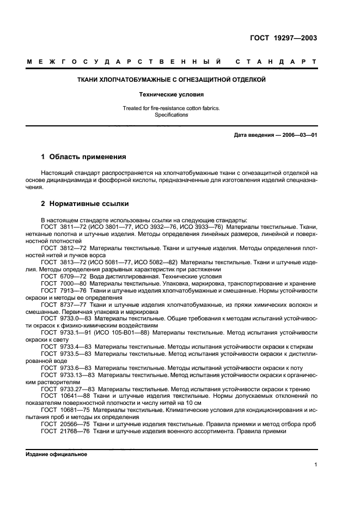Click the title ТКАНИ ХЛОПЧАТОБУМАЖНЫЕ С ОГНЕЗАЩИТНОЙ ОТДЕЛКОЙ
click(x=180, y=80)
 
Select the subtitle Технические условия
click(x=180, y=94)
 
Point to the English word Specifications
click(x=180, y=115)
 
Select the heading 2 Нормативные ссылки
click(x=85, y=204)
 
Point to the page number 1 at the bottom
click(x=316, y=465)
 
